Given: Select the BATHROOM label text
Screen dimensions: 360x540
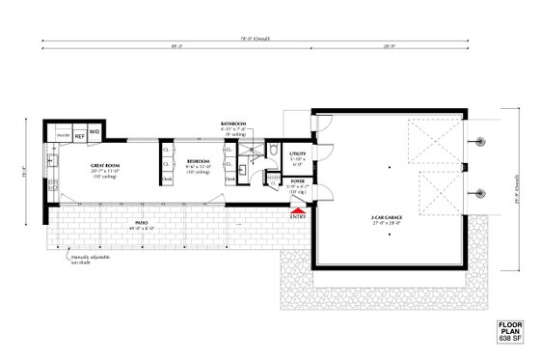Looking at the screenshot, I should [233, 125].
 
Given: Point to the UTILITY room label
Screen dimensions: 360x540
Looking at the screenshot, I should [297, 153].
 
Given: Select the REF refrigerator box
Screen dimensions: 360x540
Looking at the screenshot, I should [80, 137].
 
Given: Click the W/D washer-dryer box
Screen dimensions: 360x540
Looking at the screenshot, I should [95, 131].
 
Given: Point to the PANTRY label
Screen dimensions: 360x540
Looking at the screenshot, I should [63, 137].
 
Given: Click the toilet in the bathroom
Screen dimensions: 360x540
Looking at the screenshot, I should [273, 149].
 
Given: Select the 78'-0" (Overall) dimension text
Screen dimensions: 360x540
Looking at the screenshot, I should [256, 39].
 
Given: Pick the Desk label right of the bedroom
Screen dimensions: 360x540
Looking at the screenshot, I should [229, 180].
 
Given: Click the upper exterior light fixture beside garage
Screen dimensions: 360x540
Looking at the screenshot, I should [478, 142].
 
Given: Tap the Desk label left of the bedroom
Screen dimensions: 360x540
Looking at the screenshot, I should [167, 180].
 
